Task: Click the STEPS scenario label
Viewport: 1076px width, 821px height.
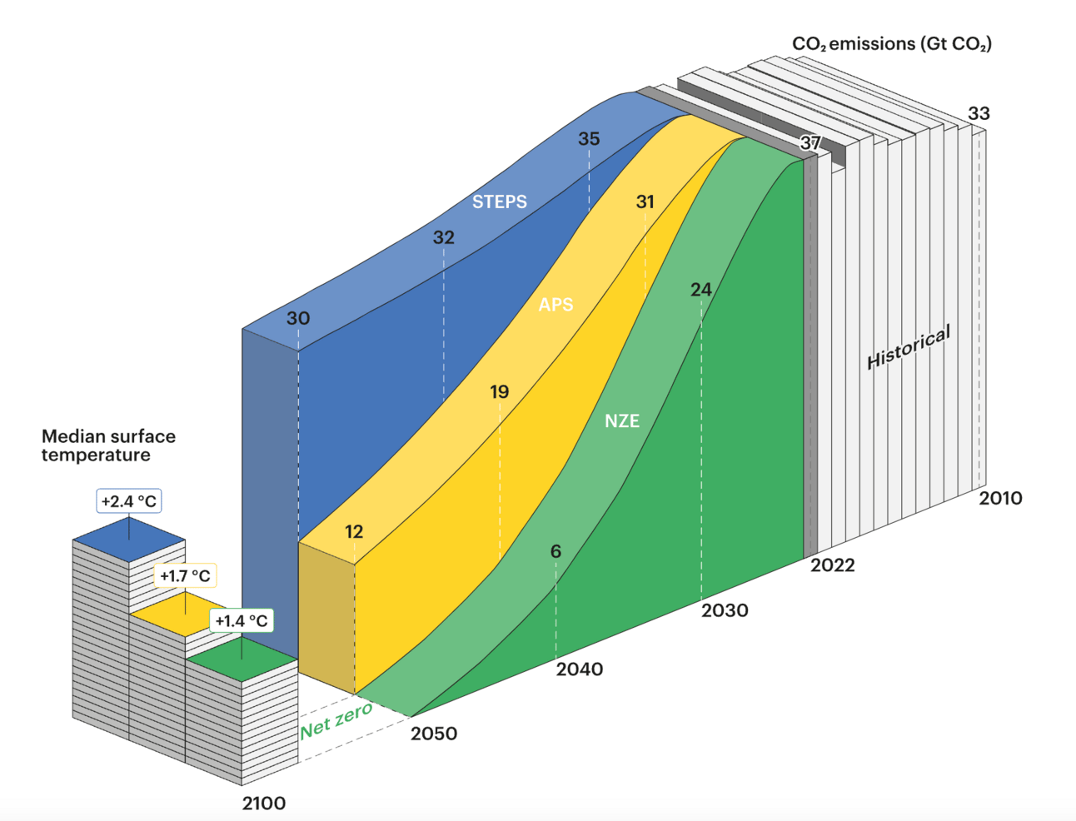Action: [x=500, y=202]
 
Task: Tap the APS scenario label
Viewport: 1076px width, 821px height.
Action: [x=555, y=305]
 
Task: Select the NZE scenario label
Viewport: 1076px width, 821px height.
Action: [x=622, y=420]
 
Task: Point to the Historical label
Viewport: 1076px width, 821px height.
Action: [x=909, y=347]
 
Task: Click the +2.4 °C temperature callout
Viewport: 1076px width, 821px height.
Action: [x=129, y=501]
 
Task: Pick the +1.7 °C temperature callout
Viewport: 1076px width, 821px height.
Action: [x=185, y=575]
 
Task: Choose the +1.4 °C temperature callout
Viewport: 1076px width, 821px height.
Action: [x=242, y=620]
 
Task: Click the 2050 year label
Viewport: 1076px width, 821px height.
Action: [x=434, y=734]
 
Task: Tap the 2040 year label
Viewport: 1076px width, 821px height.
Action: [x=580, y=669]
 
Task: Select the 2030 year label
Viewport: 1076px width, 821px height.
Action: [x=725, y=610]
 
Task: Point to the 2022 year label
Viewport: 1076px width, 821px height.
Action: [x=833, y=565]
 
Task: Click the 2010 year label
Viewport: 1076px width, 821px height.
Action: [x=1000, y=498]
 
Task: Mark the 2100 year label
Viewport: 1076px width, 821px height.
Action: [x=264, y=804]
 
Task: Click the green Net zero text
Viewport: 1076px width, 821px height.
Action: [x=336, y=720]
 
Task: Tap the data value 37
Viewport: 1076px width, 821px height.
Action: [x=810, y=142]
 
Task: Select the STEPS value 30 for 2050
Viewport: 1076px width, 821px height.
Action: [x=298, y=318]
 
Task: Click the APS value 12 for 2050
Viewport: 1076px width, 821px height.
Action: [x=354, y=531]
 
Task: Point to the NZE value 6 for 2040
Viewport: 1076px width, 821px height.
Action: [x=555, y=551]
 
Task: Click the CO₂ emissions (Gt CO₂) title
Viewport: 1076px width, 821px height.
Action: [x=892, y=44]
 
